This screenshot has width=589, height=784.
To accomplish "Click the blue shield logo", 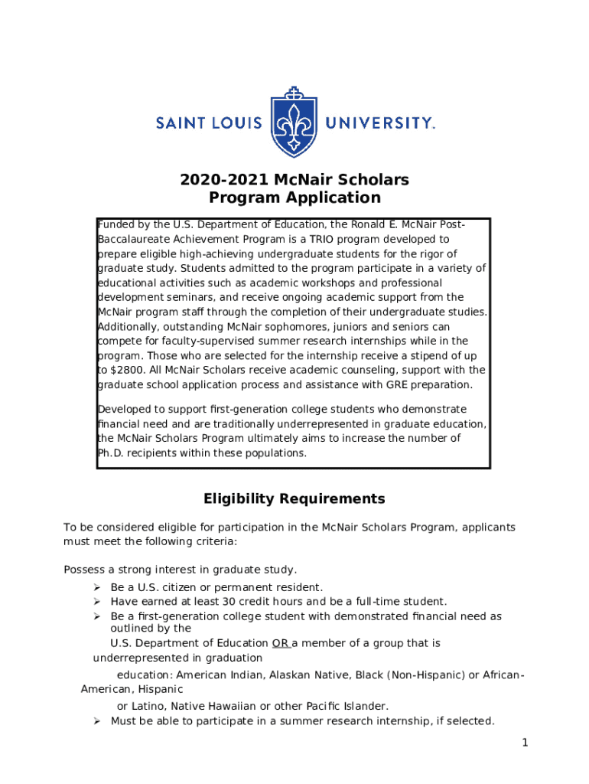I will click(294, 122).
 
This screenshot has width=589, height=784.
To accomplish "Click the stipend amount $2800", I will click(122, 370).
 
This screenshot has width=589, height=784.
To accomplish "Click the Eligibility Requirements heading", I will click(294, 499).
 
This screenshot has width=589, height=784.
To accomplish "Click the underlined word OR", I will click(280, 643).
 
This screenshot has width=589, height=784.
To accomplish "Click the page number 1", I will click(525, 743).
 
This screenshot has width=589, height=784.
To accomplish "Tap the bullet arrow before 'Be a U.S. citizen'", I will click(97, 587).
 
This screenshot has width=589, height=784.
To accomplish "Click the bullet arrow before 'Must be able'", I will click(97, 721).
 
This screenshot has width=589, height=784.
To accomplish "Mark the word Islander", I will click(366, 706).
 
